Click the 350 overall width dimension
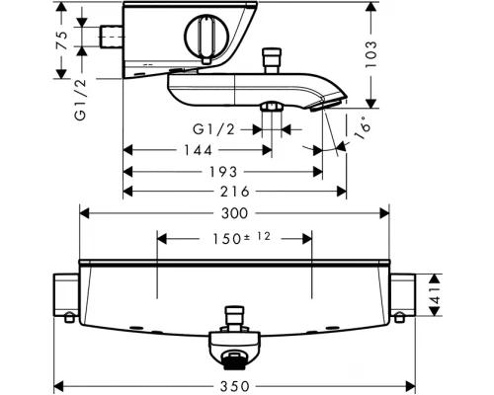click(x=235, y=386)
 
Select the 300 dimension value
click(x=234, y=213)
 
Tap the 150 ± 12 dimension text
click(x=241, y=238)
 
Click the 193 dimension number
click(x=223, y=172)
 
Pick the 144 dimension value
click(x=198, y=150)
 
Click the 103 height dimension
click(x=370, y=54)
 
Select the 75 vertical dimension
click(x=61, y=40)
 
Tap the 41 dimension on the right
click(x=435, y=295)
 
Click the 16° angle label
click(x=363, y=127)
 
